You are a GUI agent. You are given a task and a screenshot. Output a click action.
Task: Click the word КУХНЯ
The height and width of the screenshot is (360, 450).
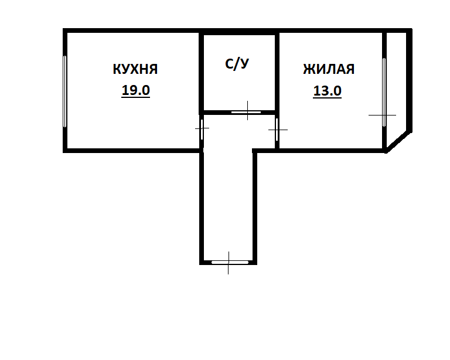point(135,69)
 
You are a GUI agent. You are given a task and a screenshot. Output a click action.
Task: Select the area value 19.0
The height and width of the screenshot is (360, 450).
point(135,90)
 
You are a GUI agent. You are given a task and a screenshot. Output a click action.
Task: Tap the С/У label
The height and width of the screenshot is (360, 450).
point(237,64)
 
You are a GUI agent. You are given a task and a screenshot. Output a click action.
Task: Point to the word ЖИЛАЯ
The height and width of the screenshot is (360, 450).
point(329,69)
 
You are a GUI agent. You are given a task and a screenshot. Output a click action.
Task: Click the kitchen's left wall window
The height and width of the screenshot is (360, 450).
point(65,91)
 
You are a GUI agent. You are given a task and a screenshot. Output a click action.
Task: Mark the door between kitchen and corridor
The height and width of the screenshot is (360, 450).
point(202,129)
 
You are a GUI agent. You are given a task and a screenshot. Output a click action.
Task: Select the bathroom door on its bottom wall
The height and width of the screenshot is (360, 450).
point(246,111)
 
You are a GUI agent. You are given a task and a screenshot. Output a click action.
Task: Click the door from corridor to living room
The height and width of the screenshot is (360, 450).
point(277,130)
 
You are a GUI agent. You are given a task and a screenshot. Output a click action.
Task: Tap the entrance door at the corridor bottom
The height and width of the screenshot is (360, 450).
point(227,262)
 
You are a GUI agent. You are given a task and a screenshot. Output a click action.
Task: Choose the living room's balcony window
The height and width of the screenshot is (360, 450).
point(384,91)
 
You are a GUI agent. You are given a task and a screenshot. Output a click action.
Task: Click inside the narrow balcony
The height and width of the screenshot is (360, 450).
point(396,82)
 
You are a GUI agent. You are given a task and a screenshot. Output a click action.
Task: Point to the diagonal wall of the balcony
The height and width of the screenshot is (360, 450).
point(398,141)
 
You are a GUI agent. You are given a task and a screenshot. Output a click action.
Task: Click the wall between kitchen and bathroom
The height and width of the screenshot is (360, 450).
point(200,70)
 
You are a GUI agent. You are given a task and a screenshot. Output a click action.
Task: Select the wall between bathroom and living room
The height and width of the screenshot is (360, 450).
point(277,70)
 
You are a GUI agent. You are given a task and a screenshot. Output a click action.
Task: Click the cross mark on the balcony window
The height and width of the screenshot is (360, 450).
point(383,116)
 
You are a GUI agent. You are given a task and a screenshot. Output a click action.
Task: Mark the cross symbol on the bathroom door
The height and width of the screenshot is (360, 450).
point(247,110)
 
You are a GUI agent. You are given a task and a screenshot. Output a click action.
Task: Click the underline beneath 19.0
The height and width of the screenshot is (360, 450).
point(135,97)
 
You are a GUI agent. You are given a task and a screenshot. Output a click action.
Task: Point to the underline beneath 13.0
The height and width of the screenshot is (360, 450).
point(328,98)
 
